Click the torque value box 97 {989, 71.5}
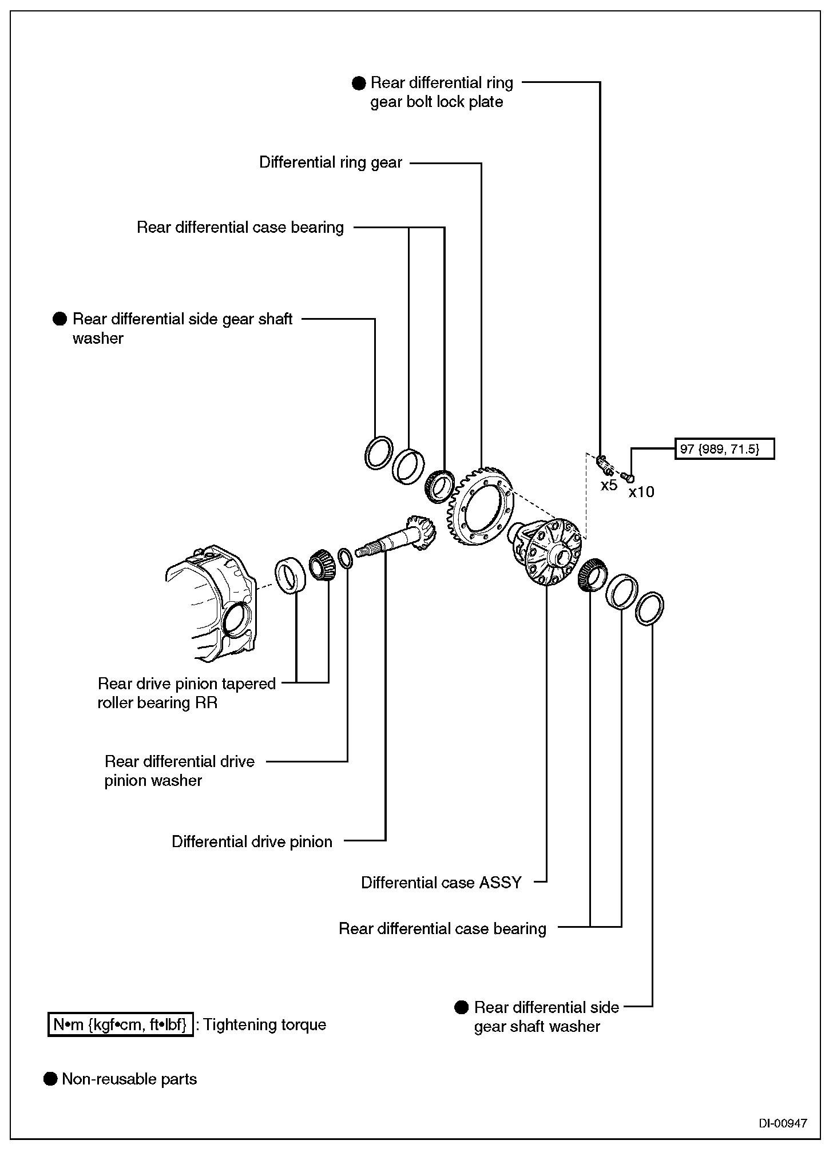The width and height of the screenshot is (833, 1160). [724, 449]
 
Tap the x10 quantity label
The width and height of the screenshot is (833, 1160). [641, 492]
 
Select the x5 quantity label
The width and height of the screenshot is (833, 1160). [609, 486]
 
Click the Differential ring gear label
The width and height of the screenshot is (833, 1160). [331, 162]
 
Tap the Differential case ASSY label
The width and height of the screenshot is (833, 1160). [441, 883]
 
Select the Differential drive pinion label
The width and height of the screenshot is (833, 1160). [252, 842]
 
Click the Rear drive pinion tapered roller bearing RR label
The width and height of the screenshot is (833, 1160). [187, 693]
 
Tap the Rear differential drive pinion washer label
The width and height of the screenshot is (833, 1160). [179, 771]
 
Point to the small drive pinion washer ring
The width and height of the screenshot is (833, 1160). [345, 558]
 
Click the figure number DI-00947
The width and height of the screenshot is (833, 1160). [783, 1123]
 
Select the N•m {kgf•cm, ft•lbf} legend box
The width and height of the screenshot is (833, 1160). [120, 1024]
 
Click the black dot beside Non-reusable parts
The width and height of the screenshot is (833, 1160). [51, 1079]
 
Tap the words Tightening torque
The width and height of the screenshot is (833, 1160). [264, 1024]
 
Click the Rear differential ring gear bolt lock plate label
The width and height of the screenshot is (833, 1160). [441, 92]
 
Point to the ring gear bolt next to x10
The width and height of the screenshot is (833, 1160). [628, 476]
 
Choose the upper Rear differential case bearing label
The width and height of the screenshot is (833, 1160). [240, 228]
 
